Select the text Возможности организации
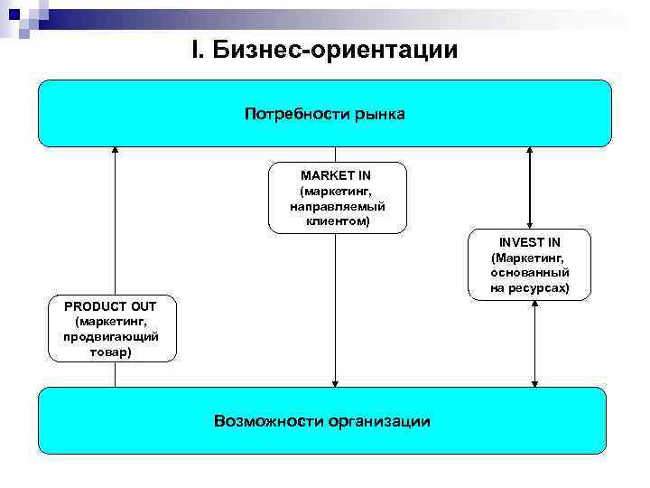click(322, 421)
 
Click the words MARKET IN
click(336, 175)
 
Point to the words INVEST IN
click(530, 242)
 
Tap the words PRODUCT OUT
click(111, 306)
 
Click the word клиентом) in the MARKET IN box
click(337, 221)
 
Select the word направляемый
click(337, 207)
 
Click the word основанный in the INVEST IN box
click(530, 272)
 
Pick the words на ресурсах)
click(530, 287)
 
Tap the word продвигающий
click(111, 336)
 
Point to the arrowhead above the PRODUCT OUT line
click(115, 150)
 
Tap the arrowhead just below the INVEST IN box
click(534, 305)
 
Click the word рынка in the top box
click(382, 114)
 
